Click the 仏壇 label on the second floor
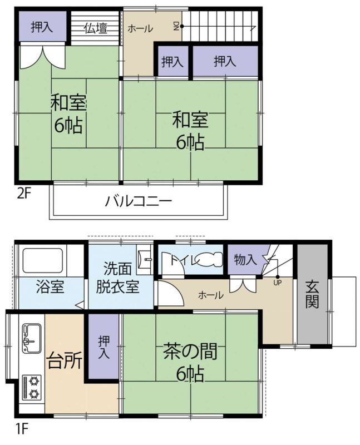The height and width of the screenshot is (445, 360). (x=96, y=28)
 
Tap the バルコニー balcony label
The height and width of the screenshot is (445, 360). (x=139, y=201)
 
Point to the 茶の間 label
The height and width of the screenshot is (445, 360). (x=190, y=351)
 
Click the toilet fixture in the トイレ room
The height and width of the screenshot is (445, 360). (x=210, y=260)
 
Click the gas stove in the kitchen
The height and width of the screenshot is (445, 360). (x=32, y=387)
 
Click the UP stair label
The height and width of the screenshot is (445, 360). (x=278, y=283)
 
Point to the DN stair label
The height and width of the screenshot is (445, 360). (x=176, y=26)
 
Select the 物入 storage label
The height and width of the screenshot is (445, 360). (x=245, y=259)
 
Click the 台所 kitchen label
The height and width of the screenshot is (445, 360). (x=65, y=360)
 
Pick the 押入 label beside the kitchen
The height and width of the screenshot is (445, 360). (x=103, y=347)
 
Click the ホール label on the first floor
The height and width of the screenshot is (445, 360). (x=211, y=295)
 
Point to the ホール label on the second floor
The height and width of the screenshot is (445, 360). (x=140, y=28)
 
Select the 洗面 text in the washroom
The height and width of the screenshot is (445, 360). (x=117, y=269)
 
